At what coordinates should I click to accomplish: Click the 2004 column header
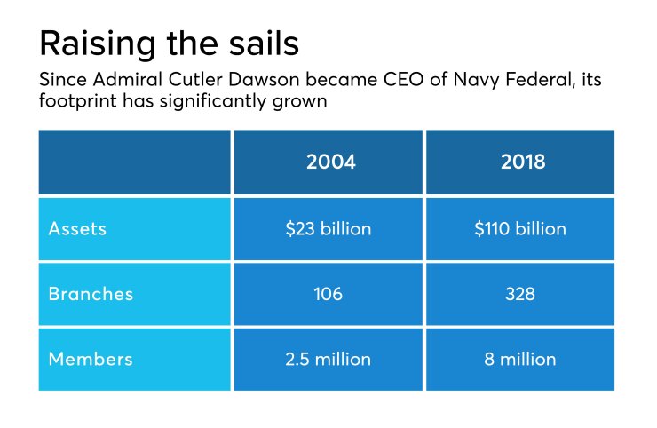330,162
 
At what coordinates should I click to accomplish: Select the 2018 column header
520,162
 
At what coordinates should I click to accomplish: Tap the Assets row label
78,228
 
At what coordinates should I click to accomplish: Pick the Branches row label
91,294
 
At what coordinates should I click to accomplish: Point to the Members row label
91,359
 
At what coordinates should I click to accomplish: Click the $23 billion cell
328,228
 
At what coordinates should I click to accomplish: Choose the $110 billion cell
520,228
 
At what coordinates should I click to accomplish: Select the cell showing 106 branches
328,294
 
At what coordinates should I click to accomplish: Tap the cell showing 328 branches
520,294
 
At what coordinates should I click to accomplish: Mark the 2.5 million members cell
328,359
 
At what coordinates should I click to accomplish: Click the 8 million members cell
520,359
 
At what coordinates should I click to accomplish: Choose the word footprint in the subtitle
77,102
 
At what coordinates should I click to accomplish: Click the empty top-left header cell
134,162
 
